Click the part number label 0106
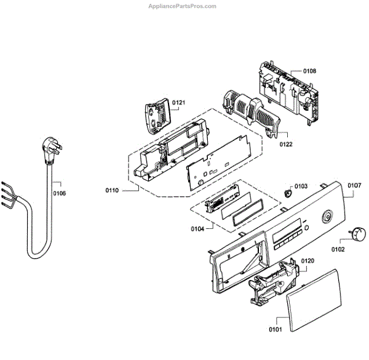click(60, 193)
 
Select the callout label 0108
click(309, 71)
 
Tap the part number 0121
click(178, 102)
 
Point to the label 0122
click(285, 145)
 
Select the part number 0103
click(300, 186)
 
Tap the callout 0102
click(338, 249)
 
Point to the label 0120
click(307, 262)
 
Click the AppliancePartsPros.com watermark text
click(183, 6)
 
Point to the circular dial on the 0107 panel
click(327, 217)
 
